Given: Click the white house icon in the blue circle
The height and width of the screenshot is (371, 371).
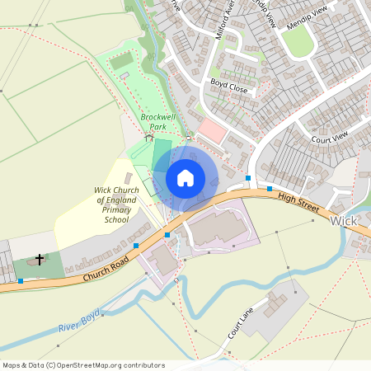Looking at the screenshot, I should point(185,178).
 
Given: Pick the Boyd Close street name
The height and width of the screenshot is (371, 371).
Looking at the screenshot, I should point(228,84).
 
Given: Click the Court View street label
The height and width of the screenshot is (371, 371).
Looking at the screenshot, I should point(331,137).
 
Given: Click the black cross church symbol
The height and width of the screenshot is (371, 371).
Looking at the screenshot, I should point(39,260).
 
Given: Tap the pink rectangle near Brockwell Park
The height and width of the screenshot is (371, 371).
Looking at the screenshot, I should point(212,130).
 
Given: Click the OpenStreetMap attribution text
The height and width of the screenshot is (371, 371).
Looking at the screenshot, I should point(83,365).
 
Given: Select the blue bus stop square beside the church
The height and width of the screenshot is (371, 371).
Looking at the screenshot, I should point(21,281).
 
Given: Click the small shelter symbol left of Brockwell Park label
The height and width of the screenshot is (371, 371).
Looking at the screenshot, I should point(149,137).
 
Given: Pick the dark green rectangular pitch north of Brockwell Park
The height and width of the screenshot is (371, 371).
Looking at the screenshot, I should point(120,61).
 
